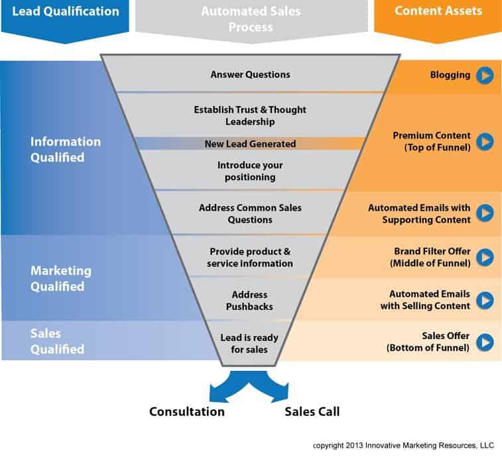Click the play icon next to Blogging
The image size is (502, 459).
(485, 76)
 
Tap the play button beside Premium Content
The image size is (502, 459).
(485, 141)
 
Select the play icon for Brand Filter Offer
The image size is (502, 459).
(485, 257)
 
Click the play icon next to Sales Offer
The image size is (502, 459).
(485, 342)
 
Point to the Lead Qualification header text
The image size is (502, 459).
(66, 11)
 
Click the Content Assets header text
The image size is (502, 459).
(438, 11)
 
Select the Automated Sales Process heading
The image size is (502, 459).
(251, 19)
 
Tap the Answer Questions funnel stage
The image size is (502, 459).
(251, 75)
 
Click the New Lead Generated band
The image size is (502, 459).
(251, 144)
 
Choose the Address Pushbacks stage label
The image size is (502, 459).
(249, 300)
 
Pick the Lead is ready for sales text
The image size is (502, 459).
(249, 343)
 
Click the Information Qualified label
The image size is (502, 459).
(66, 150)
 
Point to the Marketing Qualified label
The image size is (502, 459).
(61, 279)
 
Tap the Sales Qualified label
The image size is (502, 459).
(58, 341)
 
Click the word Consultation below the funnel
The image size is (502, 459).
(187, 411)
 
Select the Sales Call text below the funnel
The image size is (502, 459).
(312, 411)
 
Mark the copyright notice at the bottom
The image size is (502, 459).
(403, 445)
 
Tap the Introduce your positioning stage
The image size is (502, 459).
(250, 171)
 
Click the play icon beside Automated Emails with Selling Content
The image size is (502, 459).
(485, 300)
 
